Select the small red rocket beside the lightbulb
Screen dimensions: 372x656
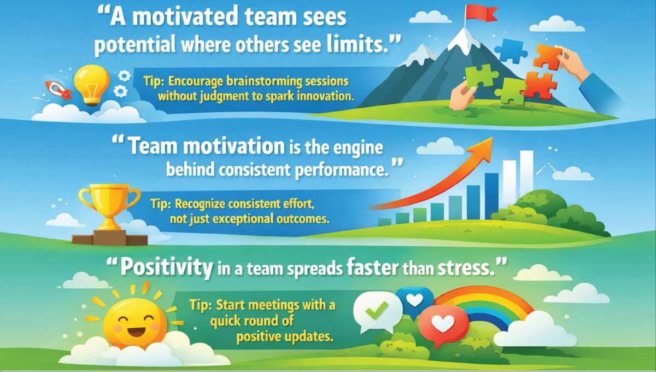[57, 89]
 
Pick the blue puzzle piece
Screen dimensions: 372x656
[511, 50]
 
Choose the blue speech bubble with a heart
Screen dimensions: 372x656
[415, 300]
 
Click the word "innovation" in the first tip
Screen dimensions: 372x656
[324, 96]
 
